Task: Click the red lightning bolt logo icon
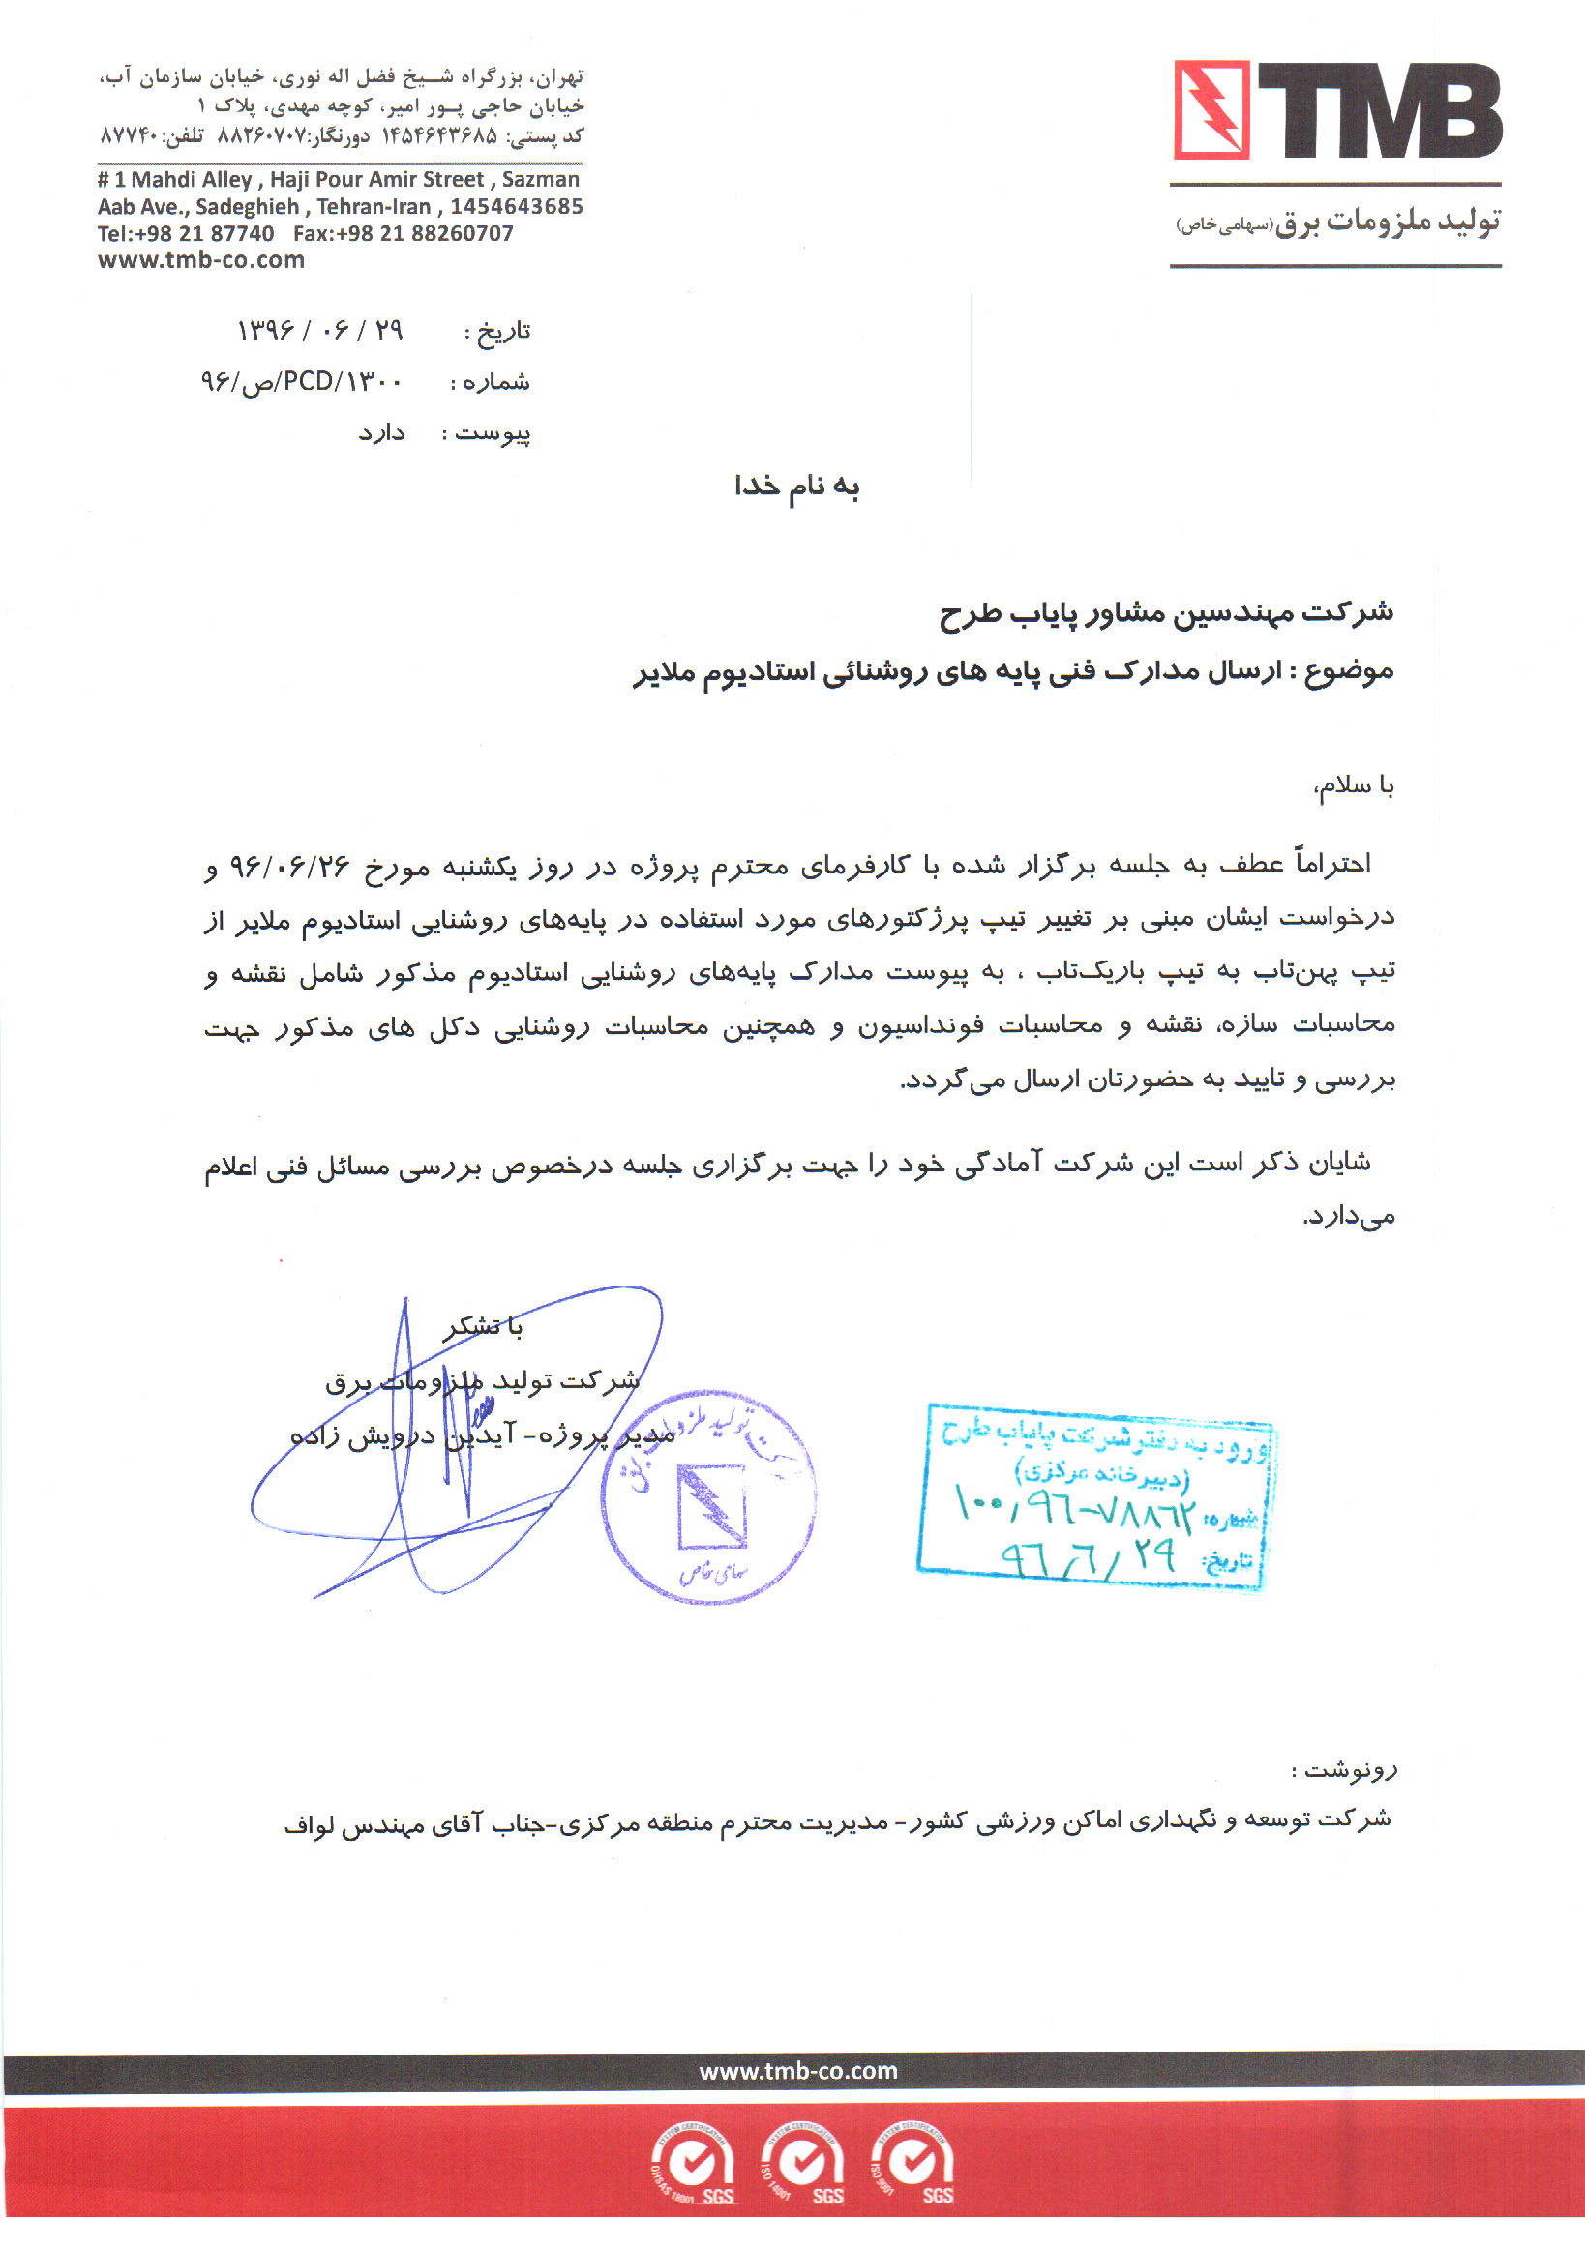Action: pos(1211,109)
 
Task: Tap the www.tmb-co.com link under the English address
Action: pos(200,260)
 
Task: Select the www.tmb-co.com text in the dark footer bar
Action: pos(798,2071)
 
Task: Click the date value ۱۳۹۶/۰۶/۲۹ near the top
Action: pos(319,331)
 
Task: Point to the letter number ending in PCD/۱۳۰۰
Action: pos(302,382)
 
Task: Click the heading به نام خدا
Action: pos(797,487)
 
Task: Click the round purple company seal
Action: pos(708,1495)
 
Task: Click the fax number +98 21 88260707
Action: pos(404,234)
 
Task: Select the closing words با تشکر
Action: pos(484,1327)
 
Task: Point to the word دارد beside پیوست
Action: pos(381,432)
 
